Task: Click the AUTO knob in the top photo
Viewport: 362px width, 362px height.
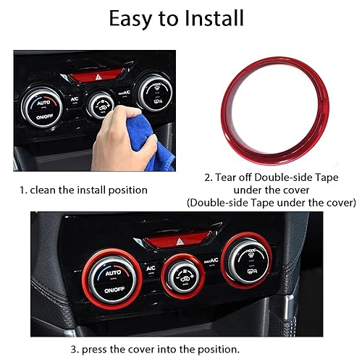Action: coord(40,106)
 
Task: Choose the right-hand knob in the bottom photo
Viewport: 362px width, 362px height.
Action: coord(247,259)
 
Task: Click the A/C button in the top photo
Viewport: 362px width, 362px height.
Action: coord(75,98)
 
